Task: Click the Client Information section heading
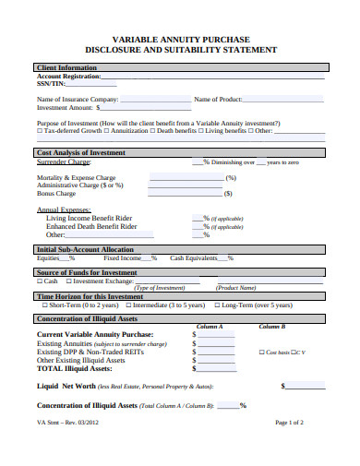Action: [x=66, y=67]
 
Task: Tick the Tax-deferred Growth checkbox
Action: [x=40, y=131]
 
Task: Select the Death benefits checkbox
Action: [x=153, y=131]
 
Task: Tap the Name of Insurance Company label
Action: [x=78, y=98]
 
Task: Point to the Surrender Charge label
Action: [x=64, y=161]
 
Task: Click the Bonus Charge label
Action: [x=56, y=194]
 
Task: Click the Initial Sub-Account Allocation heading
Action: [x=85, y=249]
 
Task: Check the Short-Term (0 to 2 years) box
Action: [x=40, y=305]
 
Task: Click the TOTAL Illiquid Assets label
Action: [x=77, y=367]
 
